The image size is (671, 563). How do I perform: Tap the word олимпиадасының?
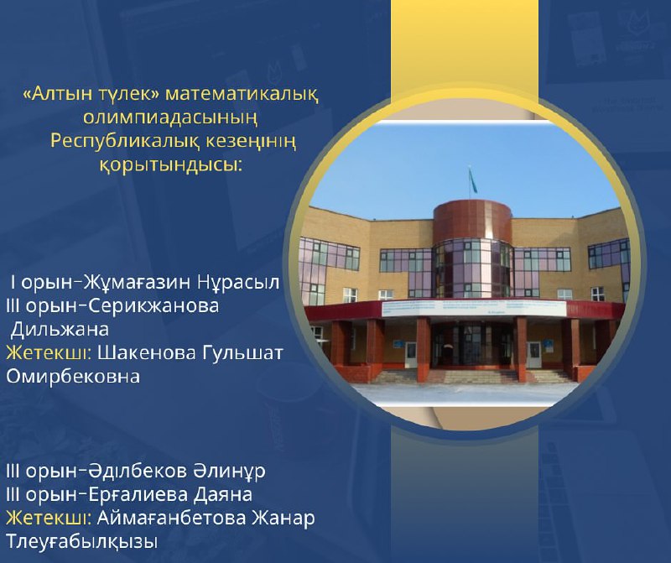(170, 117)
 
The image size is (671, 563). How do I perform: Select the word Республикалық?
(125, 141)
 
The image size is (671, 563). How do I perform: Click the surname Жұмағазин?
(138, 283)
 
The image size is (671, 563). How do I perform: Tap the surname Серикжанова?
(154, 306)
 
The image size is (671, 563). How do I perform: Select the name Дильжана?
(60, 330)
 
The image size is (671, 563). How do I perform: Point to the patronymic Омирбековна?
(73, 377)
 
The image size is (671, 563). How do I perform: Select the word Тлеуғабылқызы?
(81, 542)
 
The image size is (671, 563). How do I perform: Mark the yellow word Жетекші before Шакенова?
(49, 353)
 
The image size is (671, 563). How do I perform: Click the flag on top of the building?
(471, 180)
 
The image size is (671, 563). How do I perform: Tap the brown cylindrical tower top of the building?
(472, 222)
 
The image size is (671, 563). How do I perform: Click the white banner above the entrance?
(473, 307)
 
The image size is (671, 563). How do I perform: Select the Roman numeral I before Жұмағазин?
(13, 283)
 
